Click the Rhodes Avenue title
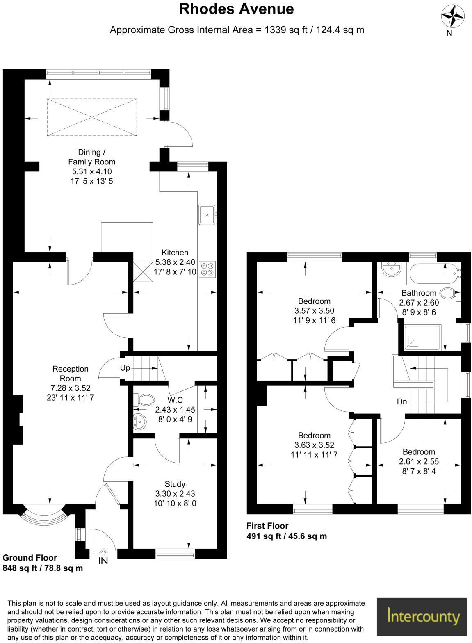tap(236, 9)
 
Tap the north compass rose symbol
tap(452, 17)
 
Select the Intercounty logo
tap(422, 617)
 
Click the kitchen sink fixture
tap(207, 214)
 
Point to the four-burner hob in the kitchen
tap(207, 269)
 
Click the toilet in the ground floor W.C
tap(144, 400)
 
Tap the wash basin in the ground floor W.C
tap(139, 421)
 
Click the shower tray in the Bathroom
tap(422, 337)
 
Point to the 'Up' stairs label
tap(125, 368)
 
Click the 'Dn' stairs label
tap(402, 401)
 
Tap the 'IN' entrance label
tap(103, 561)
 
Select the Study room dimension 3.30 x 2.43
tap(175, 494)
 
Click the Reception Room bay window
tap(43, 516)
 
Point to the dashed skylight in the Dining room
tap(92, 117)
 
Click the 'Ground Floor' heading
tap(30, 558)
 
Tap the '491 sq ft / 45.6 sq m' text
tap(286, 536)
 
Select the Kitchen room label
tap(175, 253)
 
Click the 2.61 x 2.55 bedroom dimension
tap(419, 461)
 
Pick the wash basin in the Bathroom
tap(390, 269)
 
